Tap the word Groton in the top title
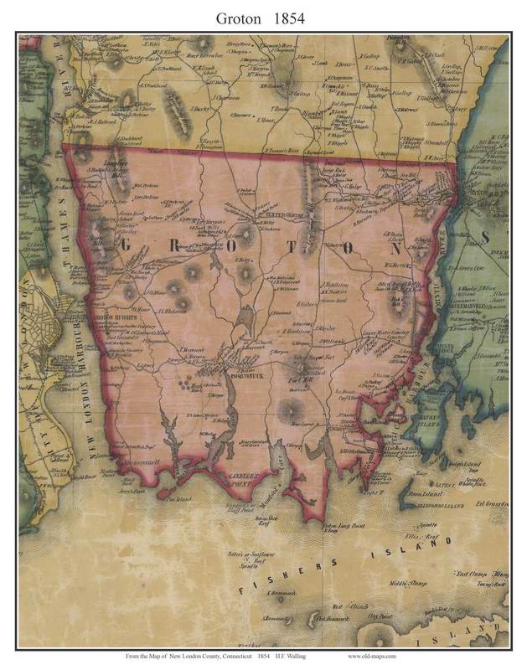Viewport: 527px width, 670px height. tap(238, 16)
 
